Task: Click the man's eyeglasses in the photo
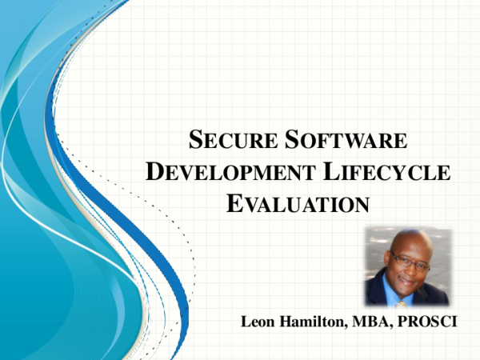(407, 258)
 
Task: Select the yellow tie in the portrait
(402, 300)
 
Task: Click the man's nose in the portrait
(406, 266)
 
